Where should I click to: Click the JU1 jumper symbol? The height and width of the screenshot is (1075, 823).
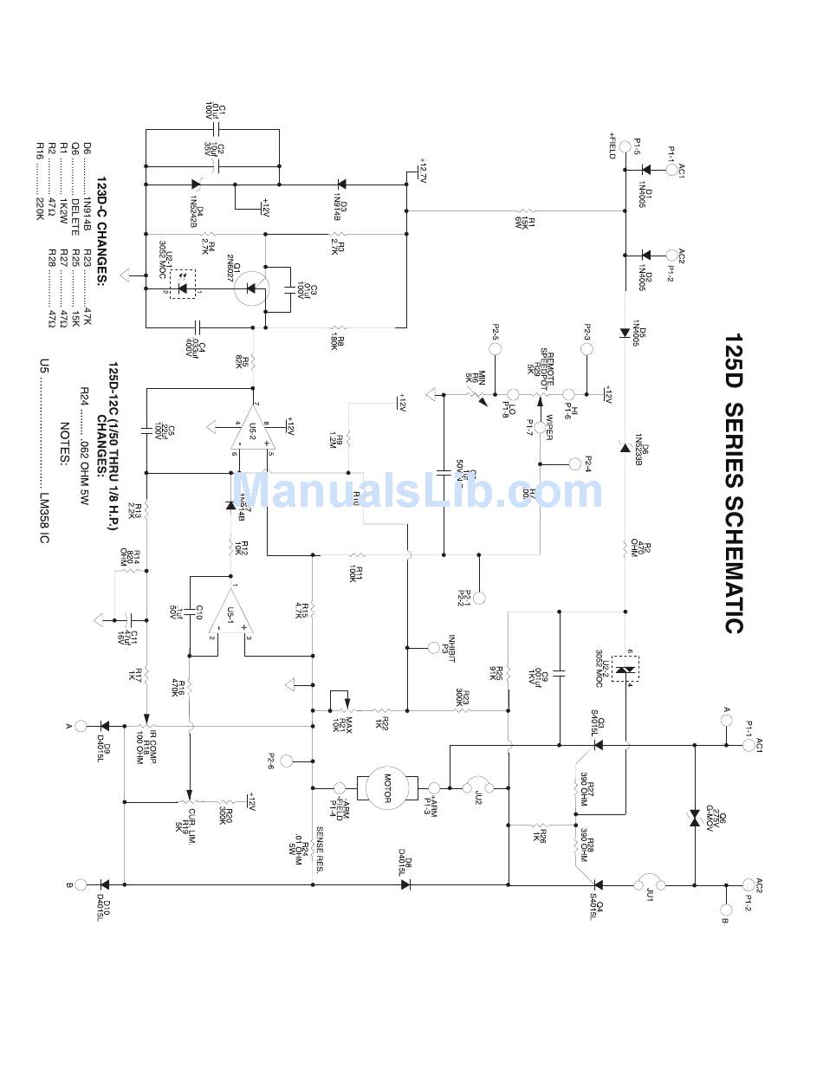(649, 884)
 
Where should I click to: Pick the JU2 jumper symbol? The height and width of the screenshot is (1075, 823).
(478, 788)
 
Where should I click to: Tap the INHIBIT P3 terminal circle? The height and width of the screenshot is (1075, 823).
(435, 646)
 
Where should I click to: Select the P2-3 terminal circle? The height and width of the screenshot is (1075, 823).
(586, 349)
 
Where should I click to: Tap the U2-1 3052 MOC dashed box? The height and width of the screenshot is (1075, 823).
(183, 283)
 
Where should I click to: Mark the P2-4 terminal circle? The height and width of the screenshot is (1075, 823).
(574, 463)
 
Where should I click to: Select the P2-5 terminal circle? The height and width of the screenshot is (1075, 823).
(496, 349)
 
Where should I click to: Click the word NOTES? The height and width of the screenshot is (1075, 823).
(64, 443)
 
